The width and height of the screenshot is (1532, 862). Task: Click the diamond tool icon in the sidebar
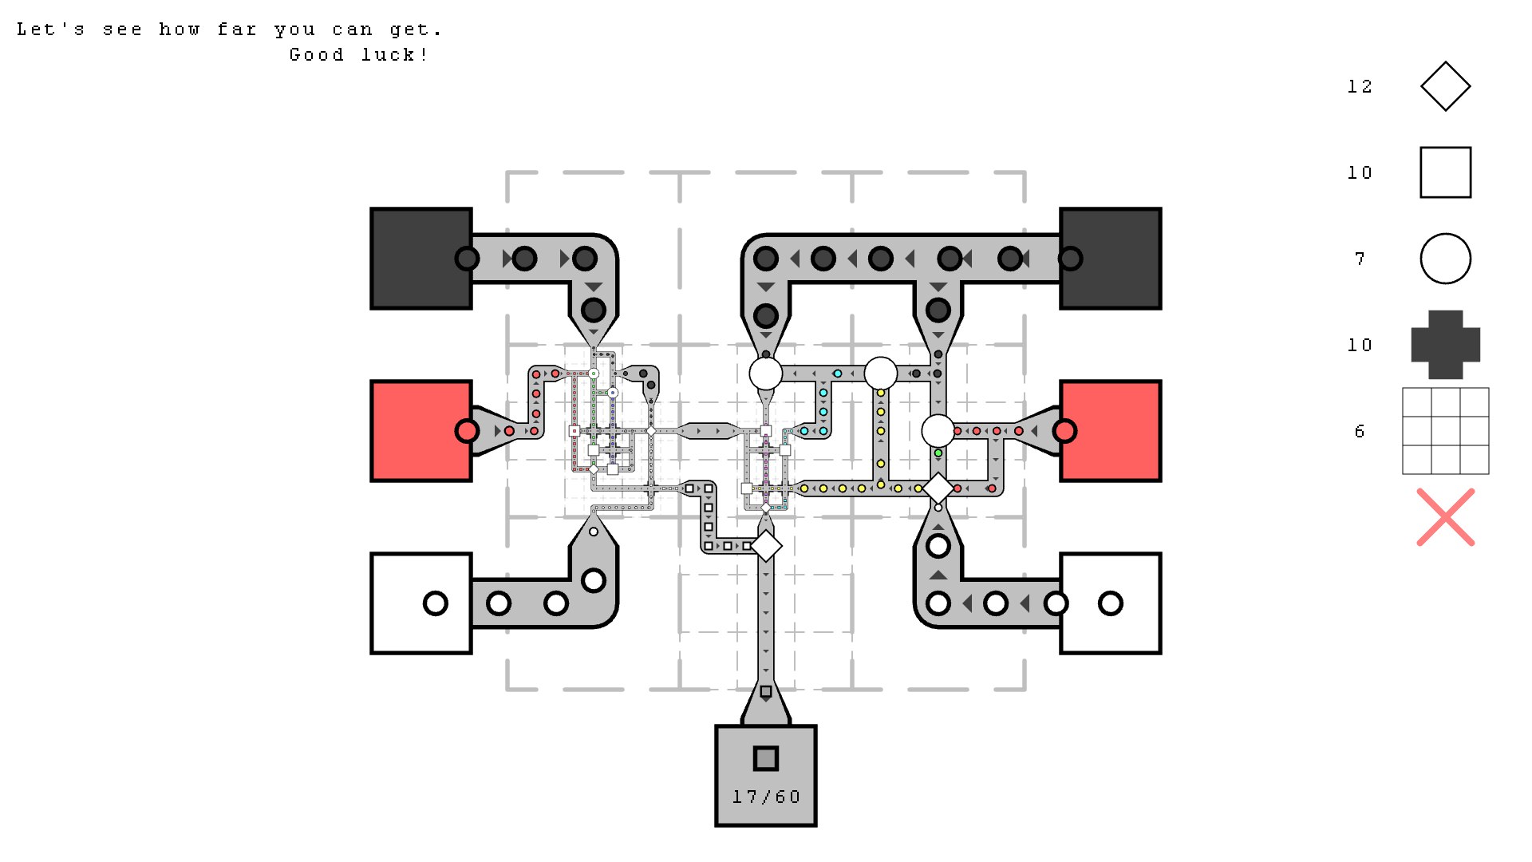1445,86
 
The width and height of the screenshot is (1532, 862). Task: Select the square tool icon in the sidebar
1445,172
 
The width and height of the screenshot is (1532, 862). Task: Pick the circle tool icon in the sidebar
1445,259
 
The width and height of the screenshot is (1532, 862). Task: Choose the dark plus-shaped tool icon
1445,345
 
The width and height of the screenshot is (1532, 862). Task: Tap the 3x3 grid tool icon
1445,431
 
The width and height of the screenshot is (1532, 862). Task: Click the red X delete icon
1445,517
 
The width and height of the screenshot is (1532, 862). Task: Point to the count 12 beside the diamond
1360,86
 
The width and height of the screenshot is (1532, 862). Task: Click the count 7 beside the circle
1360,259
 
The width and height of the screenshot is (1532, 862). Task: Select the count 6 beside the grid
1360,431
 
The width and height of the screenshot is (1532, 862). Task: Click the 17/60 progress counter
766,797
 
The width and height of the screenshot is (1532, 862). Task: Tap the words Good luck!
358,55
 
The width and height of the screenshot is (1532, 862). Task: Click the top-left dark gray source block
421,259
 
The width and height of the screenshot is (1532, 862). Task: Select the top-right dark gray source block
1111,259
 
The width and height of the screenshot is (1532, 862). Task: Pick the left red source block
421,431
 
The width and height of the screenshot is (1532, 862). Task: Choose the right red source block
1111,431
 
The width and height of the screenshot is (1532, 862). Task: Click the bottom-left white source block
421,603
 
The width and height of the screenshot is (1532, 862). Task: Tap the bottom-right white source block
1111,603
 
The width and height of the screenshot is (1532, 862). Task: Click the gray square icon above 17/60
766,758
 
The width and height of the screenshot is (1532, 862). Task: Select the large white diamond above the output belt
766,546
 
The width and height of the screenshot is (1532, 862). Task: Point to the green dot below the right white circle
938,453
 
